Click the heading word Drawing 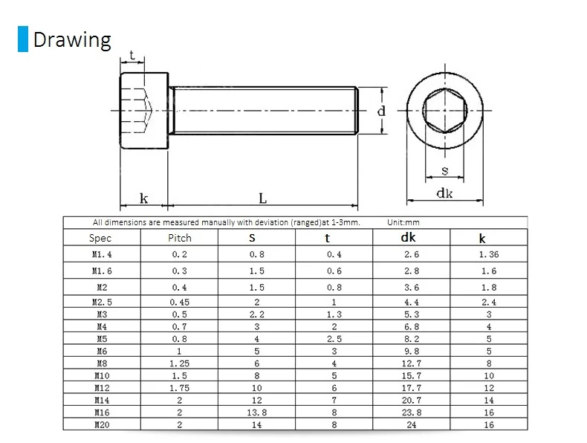tap(72, 39)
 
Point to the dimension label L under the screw tap(262, 198)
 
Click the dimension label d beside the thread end tap(381, 112)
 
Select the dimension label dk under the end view tap(444, 193)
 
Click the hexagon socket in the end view tap(444, 112)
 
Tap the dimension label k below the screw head tap(143, 198)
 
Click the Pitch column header tap(179, 238)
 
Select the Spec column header tap(100, 238)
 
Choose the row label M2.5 tap(102, 302)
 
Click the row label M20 tap(102, 424)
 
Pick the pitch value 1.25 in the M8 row tap(179, 363)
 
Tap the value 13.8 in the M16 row tap(256, 412)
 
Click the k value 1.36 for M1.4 tap(488, 254)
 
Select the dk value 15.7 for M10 tap(411, 375)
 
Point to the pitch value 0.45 tap(179, 302)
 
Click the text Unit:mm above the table tap(403, 222)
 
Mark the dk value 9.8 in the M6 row tap(411, 351)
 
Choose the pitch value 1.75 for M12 tap(179, 387)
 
